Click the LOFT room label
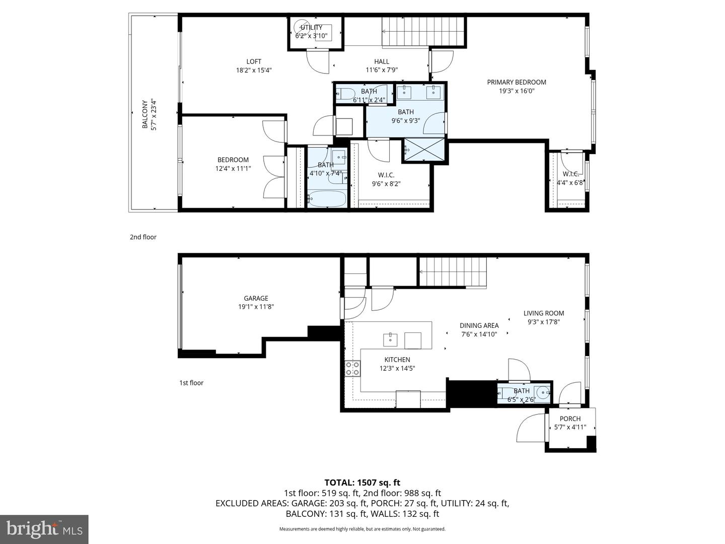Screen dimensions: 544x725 pos(254,61)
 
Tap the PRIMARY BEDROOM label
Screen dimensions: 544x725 pos(516,82)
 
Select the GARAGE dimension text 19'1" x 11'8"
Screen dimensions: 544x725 pos(256,307)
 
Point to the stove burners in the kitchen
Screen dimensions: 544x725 pos(352,368)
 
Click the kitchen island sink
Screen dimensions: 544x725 pos(390,340)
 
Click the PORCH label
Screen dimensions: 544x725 pos(570,419)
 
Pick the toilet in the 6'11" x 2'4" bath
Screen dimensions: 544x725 pos(346,94)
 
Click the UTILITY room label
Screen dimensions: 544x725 pos(311,28)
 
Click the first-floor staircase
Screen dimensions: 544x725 pos(453,271)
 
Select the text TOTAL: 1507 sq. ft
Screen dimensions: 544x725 pos(362,483)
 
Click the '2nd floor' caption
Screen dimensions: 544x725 pos(143,237)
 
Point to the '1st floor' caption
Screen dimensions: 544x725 pos(191,383)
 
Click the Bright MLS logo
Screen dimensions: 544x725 pos(44,529)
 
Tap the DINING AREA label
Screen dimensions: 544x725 pos(479,325)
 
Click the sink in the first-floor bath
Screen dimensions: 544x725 pos(542,392)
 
